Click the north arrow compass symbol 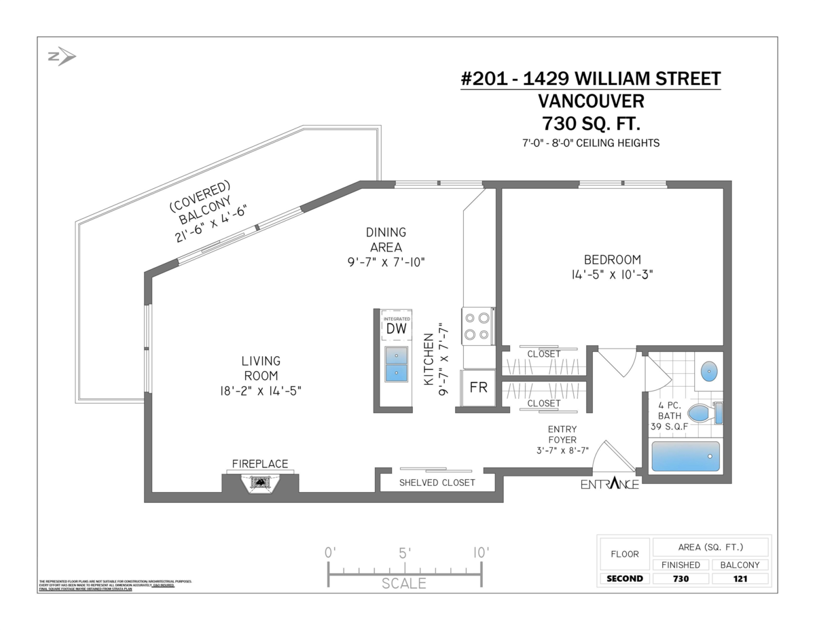coord(61,57)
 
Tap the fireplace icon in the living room coord(259,483)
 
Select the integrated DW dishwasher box coord(396,326)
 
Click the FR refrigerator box coord(479,387)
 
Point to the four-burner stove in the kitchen coord(477,326)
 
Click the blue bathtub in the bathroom coord(685,456)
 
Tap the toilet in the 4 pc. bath coord(704,412)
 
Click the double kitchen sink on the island coord(396,364)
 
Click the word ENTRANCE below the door coord(609,485)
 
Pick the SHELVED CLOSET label coord(437,483)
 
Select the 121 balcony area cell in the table coord(740,579)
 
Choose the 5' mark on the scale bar coord(404,553)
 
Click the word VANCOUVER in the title coord(591,101)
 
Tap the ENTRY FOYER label coord(562,439)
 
